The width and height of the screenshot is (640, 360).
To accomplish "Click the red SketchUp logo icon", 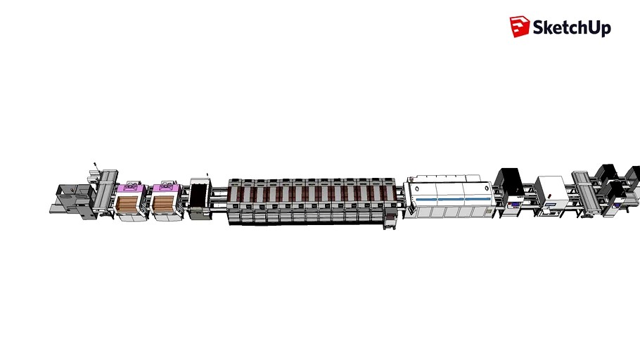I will click(519, 27).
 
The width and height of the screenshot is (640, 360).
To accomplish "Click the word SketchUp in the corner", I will click(571, 28).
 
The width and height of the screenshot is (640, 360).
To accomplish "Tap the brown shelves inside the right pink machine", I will click(164, 205).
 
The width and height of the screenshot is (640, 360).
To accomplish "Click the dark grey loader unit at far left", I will click(71, 200).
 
